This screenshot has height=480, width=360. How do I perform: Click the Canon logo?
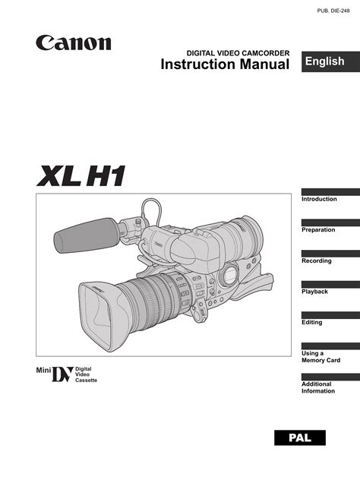tap(74, 43)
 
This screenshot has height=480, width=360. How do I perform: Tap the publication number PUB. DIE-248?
tap(333, 11)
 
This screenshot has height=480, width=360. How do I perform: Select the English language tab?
tap(330, 62)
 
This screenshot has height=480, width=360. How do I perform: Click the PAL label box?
tap(300, 437)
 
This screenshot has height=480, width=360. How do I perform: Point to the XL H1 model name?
tap(81, 175)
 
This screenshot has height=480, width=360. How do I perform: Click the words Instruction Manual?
tap(225, 65)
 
